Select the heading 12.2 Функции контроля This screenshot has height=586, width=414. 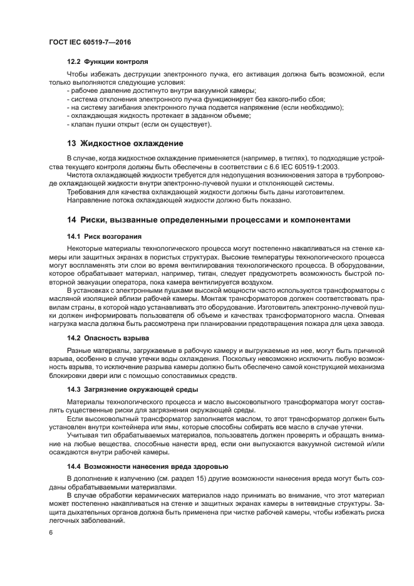pos(107,63)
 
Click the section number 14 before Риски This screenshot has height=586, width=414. pos(71,220)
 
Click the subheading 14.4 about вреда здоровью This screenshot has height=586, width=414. pos(147,466)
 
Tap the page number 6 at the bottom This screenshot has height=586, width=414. pos(51,533)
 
